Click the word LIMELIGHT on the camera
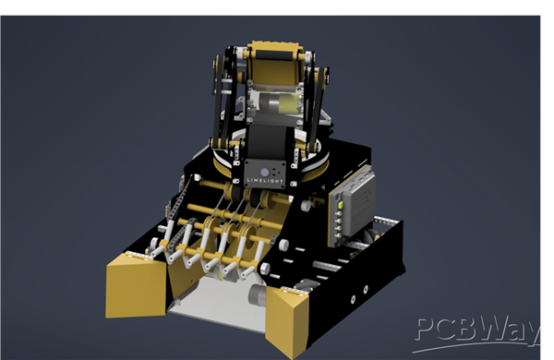265,181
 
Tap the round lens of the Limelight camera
265,173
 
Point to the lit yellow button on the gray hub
341,205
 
